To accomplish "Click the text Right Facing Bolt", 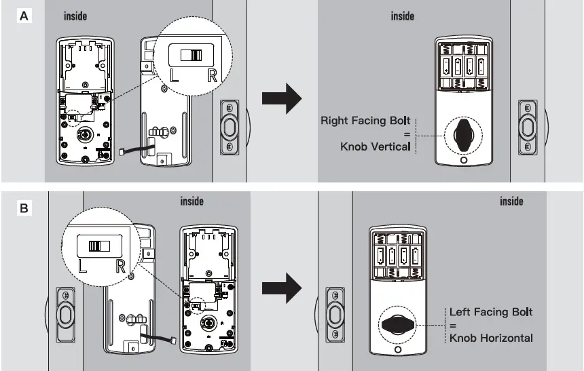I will point(365,121).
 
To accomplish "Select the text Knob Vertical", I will point(376,146).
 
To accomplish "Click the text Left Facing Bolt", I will point(491,312).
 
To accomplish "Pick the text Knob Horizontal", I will point(491,338).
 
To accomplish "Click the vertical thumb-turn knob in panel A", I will point(464,136).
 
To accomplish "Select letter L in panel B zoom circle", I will point(83,265).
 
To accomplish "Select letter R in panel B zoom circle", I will point(120,265).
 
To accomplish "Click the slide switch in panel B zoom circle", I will point(101,245).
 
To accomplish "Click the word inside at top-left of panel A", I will point(75,16).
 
